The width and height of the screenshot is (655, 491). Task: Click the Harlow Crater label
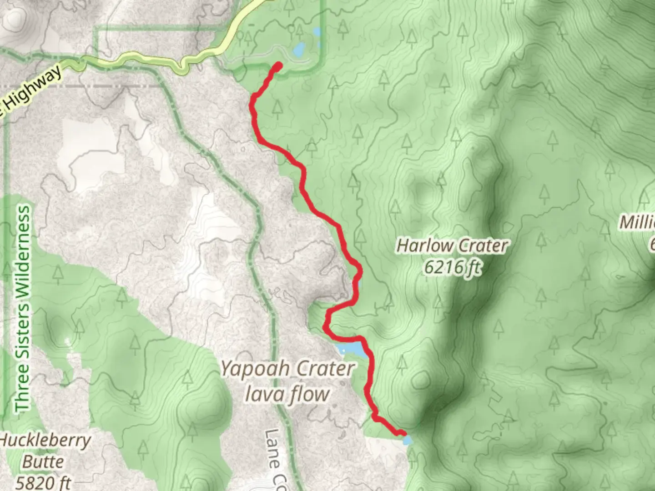[452, 246]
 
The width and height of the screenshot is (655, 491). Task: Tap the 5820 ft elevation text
[43, 482]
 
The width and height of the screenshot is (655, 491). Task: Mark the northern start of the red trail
[278, 66]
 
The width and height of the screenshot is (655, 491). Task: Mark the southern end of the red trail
[402, 433]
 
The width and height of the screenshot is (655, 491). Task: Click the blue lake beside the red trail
[351, 349]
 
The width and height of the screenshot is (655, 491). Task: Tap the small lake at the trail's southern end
[408, 440]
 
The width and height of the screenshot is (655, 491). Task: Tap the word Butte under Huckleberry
[43, 461]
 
